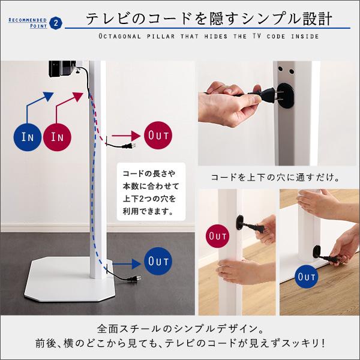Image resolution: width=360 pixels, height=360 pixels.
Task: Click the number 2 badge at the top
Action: [56, 23]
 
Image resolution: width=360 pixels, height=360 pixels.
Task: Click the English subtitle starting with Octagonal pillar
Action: [208, 38]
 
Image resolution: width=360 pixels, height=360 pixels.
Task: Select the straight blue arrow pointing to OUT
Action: [127, 262]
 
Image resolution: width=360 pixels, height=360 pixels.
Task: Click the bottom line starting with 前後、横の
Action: [180, 345]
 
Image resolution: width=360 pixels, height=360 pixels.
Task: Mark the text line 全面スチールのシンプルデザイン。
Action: [180, 329]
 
